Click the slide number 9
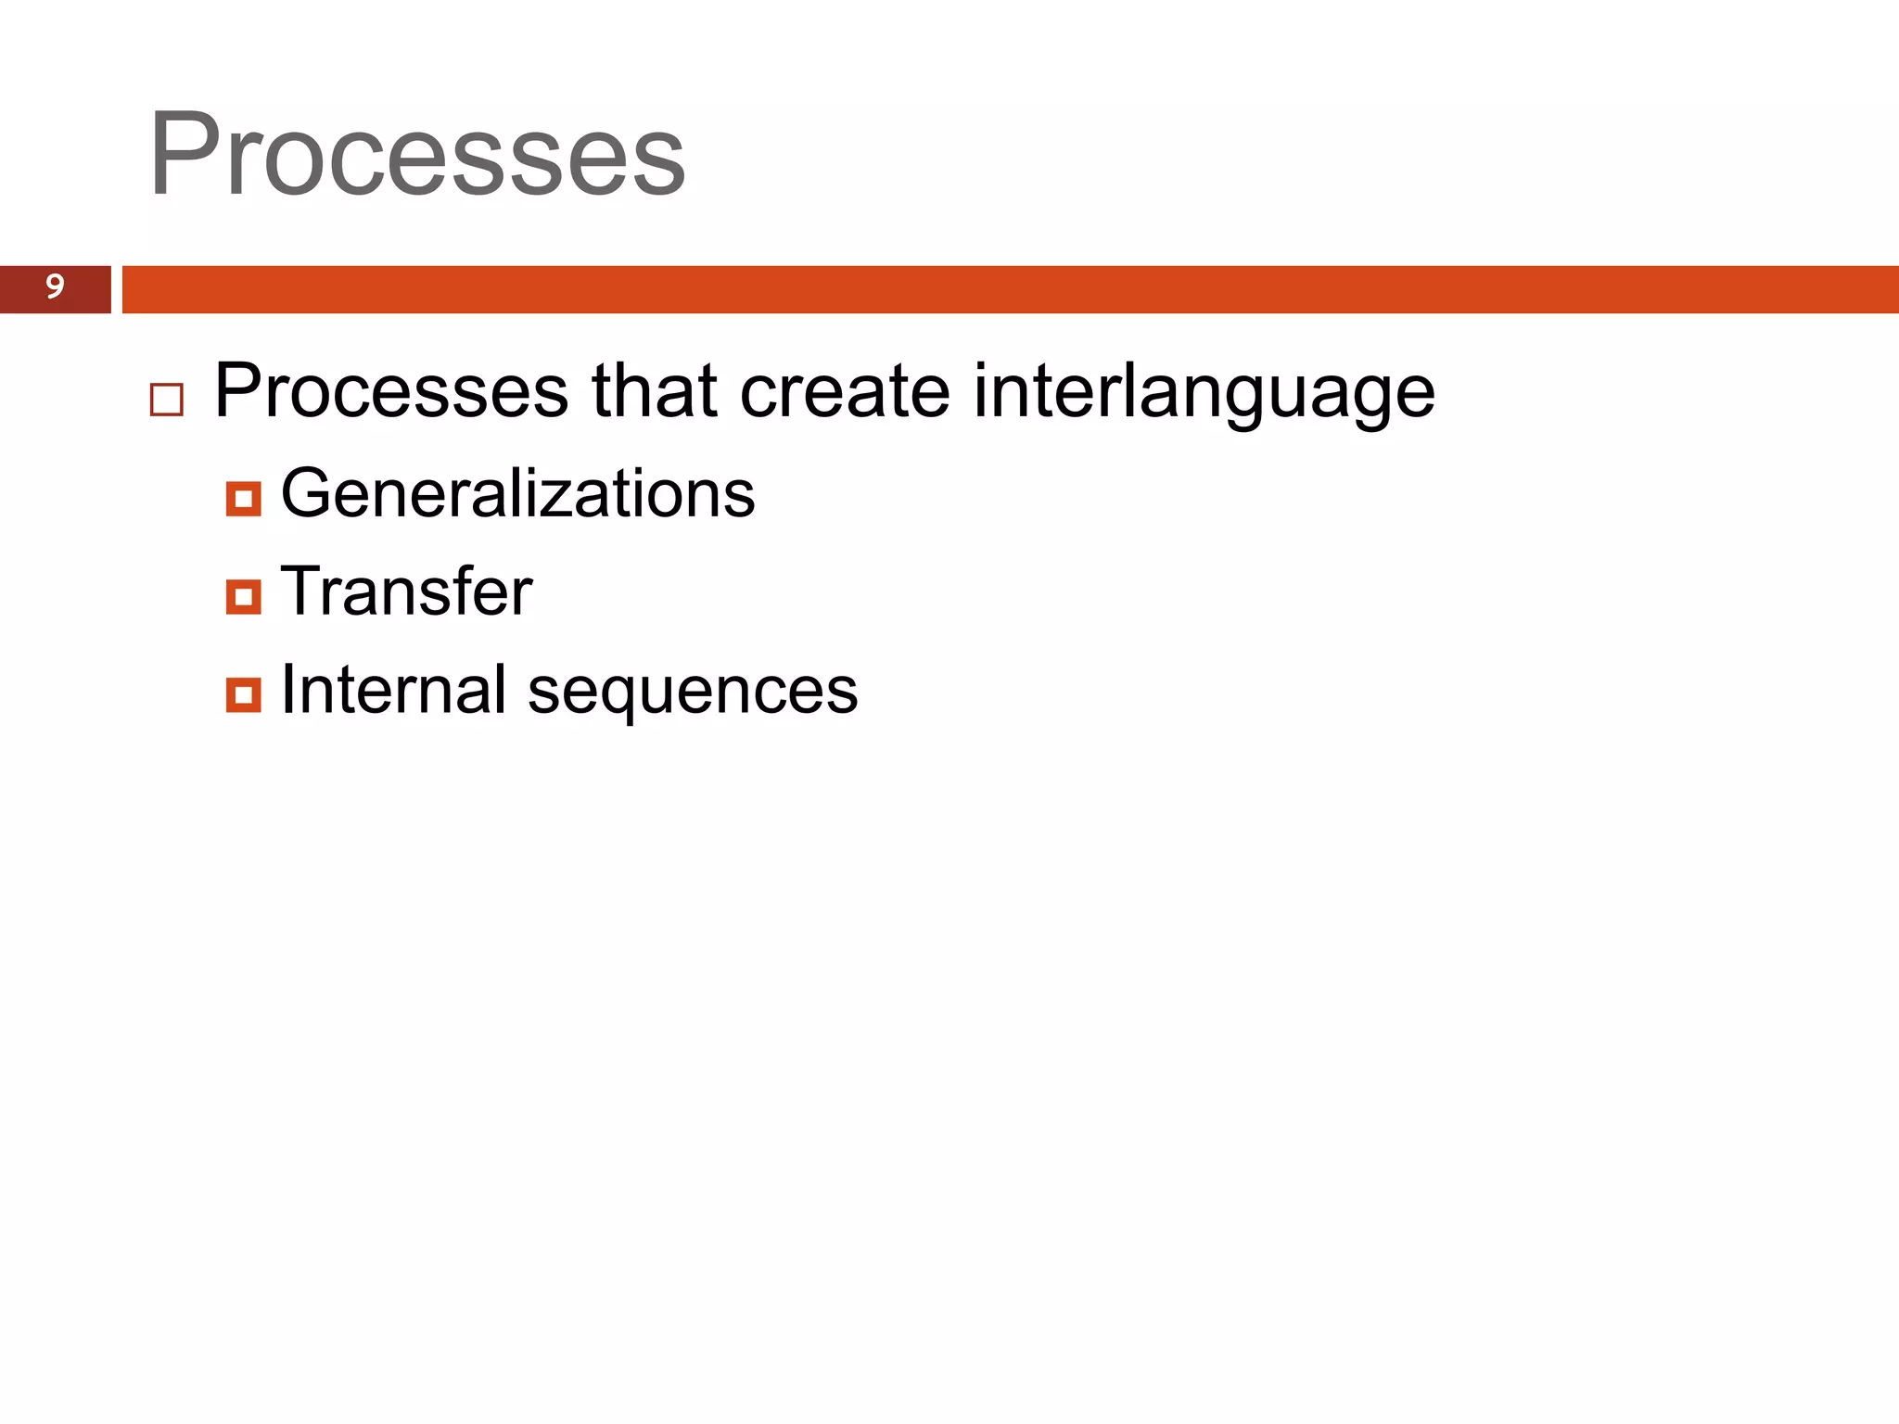coord(55,286)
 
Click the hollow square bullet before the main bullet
coord(167,400)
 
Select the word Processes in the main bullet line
coord(390,391)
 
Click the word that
coord(655,391)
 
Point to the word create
coord(845,391)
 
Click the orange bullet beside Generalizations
coord(243,499)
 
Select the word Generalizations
coord(517,493)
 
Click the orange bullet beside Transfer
coord(243,597)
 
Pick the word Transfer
coord(406,591)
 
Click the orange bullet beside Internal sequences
coord(243,694)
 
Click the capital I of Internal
coord(288,689)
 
